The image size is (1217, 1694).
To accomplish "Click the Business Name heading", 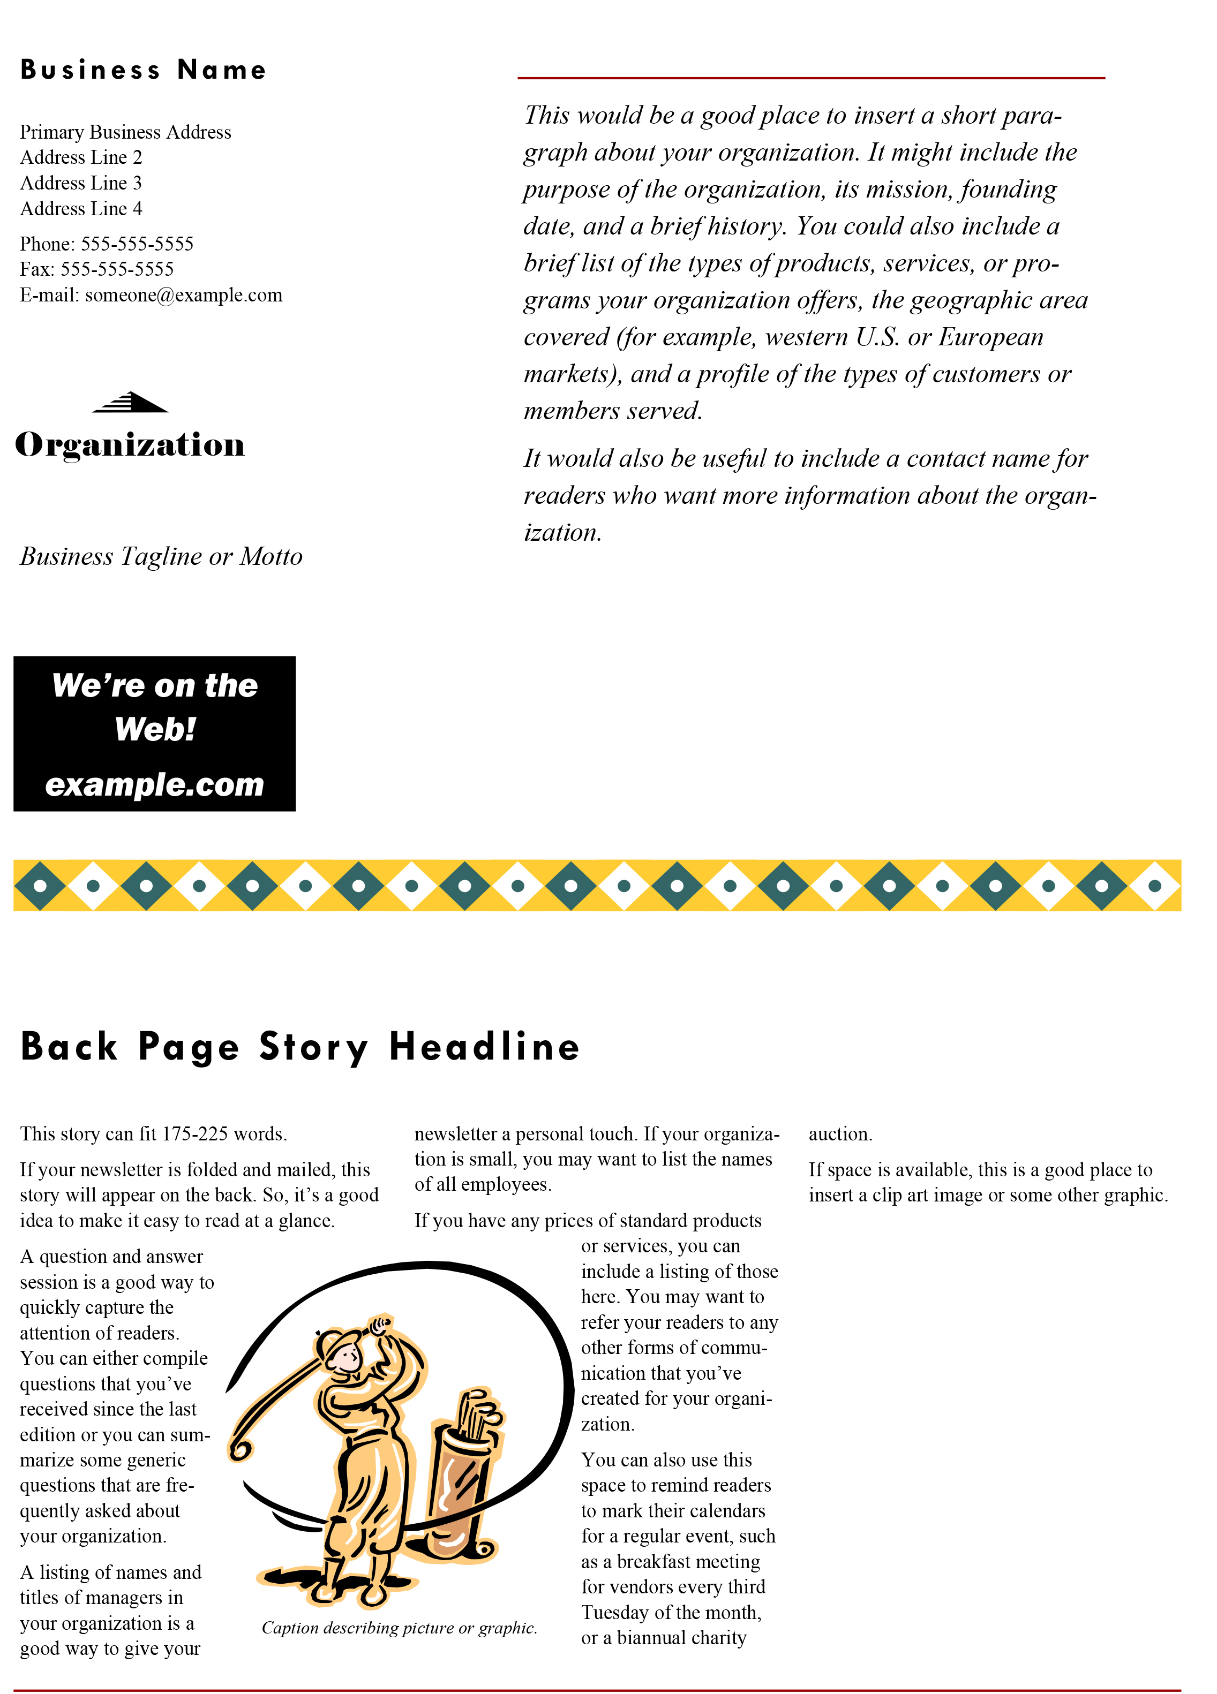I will [x=142, y=70].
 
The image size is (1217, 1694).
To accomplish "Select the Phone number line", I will [x=107, y=244].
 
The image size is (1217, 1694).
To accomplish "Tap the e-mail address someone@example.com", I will [x=184, y=295].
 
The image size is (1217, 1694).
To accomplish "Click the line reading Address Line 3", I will [x=81, y=183].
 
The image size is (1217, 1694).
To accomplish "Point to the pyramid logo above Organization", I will [x=131, y=403].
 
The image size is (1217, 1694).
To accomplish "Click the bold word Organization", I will [x=130, y=444].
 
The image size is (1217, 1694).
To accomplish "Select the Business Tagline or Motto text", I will [x=161, y=556].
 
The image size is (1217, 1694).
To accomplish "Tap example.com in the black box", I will [x=155, y=784].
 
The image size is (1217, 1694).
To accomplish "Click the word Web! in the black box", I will [x=155, y=729].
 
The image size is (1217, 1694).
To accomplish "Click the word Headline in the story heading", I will [x=484, y=1046].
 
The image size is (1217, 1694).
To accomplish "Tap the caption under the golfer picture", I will [x=399, y=1628].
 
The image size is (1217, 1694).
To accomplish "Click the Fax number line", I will [x=96, y=269].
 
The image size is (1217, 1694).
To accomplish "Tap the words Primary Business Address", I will [x=125, y=132].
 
